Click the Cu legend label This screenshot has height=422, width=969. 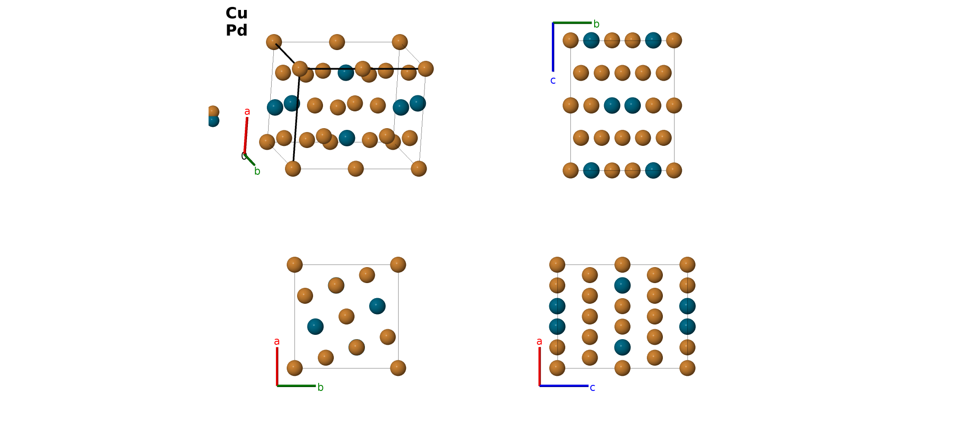(x=237, y=13)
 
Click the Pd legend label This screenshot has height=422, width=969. (x=237, y=31)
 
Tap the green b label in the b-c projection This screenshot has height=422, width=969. (x=596, y=24)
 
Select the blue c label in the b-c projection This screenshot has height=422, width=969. (x=553, y=81)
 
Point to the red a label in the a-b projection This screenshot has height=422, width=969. (x=277, y=342)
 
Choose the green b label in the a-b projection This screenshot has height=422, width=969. (x=320, y=387)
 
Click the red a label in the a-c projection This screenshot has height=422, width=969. (x=539, y=342)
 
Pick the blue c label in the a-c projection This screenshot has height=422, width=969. (x=592, y=388)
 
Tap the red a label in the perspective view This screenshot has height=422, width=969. (x=247, y=112)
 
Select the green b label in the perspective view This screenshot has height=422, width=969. (x=257, y=171)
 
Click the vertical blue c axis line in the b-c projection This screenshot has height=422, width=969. (x=553, y=47)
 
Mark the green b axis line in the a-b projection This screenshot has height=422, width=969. (x=296, y=386)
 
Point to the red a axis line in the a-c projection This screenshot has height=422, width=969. (x=539, y=366)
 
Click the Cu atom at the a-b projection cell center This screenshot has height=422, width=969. (x=346, y=316)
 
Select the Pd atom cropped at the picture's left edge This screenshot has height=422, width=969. (x=212, y=120)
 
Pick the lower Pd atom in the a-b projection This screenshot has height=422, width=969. (x=315, y=327)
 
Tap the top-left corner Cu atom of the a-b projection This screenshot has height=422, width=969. (x=294, y=265)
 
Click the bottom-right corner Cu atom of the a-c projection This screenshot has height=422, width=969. (x=687, y=368)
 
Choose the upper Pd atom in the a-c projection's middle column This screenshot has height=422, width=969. (x=622, y=285)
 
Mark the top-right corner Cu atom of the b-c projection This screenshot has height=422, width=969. (x=674, y=40)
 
